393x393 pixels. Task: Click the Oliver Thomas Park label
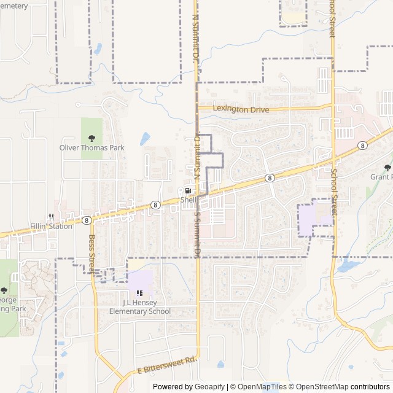[91, 148]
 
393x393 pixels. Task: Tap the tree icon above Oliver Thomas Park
[91, 138]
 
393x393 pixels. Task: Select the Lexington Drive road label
[241, 109]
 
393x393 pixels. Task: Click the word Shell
[188, 200]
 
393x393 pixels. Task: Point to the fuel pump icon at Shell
[188, 191]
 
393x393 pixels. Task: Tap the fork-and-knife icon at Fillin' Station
[52, 217]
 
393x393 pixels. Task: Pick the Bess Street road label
[93, 254]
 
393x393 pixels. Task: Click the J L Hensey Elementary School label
[140, 307]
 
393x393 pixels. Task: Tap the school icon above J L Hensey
[140, 293]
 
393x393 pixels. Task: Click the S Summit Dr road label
[197, 234]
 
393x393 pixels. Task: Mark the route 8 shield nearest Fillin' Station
[87, 220]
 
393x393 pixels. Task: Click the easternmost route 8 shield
[363, 146]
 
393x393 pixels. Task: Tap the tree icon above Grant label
[387, 168]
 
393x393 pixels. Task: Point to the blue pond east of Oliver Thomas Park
[145, 139]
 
